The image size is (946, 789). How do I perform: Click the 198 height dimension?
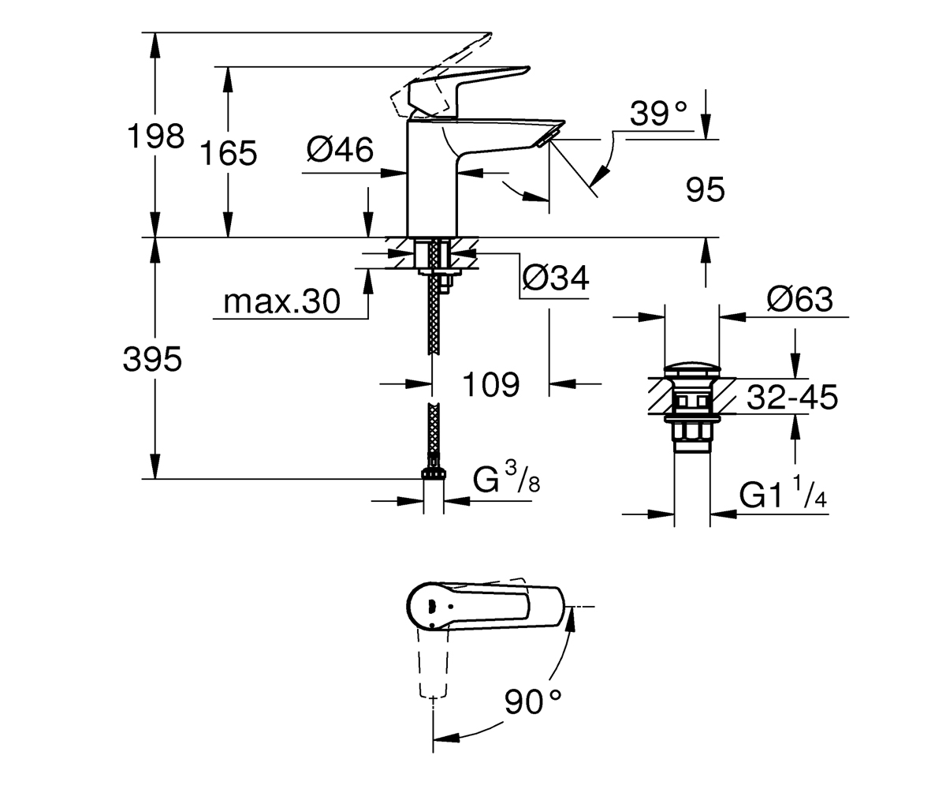click(x=156, y=136)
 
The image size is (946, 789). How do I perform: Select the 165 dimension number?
click(x=229, y=153)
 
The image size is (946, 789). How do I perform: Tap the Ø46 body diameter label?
click(x=340, y=149)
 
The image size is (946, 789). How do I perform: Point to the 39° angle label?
click(x=658, y=114)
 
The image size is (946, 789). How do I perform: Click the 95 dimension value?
click(x=706, y=189)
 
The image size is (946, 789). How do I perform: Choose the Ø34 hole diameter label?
click(x=556, y=278)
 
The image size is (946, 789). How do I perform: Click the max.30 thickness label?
click(x=281, y=301)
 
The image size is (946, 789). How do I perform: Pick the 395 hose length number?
click(x=152, y=359)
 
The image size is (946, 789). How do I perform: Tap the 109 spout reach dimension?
click(x=491, y=384)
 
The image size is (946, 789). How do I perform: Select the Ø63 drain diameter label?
click(x=799, y=299)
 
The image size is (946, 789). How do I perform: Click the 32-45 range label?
click(x=792, y=397)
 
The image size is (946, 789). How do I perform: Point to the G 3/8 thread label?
click(x=507, y=479)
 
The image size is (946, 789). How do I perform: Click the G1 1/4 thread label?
click(x=783, y=493)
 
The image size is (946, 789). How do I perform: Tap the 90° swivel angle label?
click(x=533, y=702)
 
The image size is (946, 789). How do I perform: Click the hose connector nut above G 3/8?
click(x=434, y=473)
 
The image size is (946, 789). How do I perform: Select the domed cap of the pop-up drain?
click(x=691, y=369)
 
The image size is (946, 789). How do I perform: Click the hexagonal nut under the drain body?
click(x=691, y=431)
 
